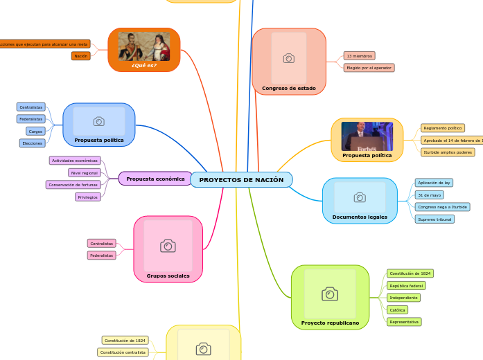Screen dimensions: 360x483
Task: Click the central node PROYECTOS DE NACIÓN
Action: pyautogui.click(x=241, y=180)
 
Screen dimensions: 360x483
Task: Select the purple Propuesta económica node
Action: pyautogui.click(x=155, y=179)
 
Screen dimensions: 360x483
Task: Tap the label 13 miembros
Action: pyautogui.click(x=360, y=55)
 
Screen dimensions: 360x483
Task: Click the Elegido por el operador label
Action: pyautogui.click(x=369, y=68)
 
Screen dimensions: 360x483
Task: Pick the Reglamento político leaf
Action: pyautogui.click(x=442, y=128)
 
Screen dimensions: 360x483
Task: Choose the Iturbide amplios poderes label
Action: pyautogui.click(x=448, y=152)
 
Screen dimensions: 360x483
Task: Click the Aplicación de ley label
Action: pyautogui.click(x=434, y=183)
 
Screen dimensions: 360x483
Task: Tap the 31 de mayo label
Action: pyautogui.click(x=429, y=195)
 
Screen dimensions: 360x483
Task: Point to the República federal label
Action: pyautogui.click(x=406, y=285)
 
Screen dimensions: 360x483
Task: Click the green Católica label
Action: pyautogui.click(x=397, y=309)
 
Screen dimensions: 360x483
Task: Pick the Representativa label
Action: pyautogui.click(x=404, y=322)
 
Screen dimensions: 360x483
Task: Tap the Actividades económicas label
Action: pyautogui.click(x=75, y=161)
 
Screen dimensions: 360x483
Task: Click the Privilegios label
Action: pyautogui.click(x=88, y=197)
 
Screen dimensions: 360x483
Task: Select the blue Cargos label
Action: pyautogui.click(x=35, y=131)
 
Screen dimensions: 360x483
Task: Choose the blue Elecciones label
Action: pyautogui.click(x=32, y=143)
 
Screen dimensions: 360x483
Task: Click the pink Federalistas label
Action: pyautogui.click(x=102, y=255)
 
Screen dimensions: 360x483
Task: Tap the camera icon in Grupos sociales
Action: pyautogui.click(x=168, y=246)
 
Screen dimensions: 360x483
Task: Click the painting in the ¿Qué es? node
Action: pyautogui.click(x=144, y=46)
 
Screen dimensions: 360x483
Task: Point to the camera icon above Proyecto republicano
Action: pyautogui.click(x=330, y=294)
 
